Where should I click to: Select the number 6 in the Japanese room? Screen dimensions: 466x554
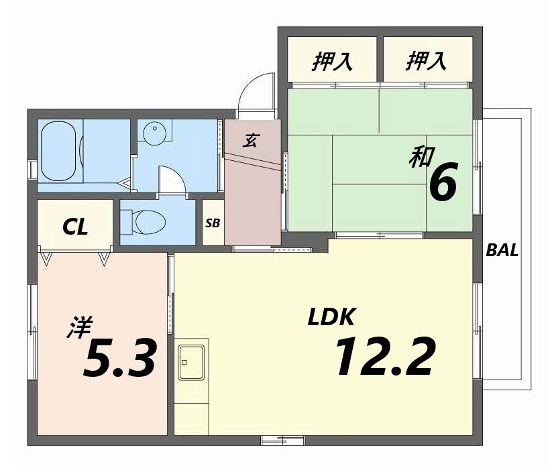click(x=443, y=182)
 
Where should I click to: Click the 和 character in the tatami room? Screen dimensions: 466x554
click(x=419, y=158)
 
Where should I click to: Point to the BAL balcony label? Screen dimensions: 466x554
click(x=502, y=251)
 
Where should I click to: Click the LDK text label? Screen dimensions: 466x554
click(x=331, y=316)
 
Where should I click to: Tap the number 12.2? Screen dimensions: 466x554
click(x=384, y=356)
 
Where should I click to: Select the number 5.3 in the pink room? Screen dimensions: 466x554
click(x=120, y=358)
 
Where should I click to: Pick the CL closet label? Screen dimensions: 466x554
click(x=75, y=227)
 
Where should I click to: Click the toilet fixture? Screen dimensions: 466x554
click(x=148, y=221)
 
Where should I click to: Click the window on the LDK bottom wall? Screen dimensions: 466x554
click(x=282, y=440)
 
